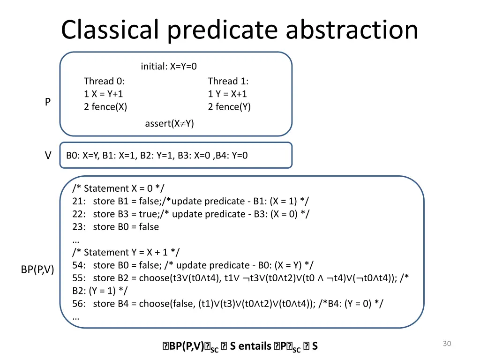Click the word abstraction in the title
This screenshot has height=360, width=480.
352,30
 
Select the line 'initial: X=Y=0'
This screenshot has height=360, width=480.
169,67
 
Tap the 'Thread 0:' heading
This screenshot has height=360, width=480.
104,81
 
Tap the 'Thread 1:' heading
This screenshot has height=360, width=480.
228,81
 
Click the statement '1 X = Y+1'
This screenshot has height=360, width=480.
104,94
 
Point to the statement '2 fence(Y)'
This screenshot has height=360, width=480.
229,107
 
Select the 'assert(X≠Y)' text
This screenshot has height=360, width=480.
169,124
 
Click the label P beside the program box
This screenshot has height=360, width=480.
48,102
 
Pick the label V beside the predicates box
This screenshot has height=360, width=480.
48,156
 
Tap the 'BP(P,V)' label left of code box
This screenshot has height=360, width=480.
37,270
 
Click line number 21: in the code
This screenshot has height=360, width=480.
80,201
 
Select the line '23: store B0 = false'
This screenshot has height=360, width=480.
116,227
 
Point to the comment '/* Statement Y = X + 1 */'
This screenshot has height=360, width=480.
126,252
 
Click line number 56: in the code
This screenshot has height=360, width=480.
80,304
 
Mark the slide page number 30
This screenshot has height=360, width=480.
447,344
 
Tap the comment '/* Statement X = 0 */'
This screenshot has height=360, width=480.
119,188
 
